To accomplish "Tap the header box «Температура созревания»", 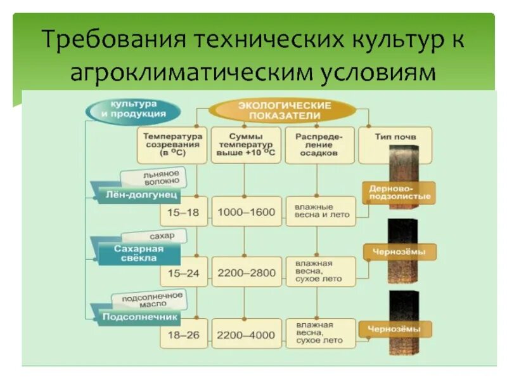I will click(172, 145).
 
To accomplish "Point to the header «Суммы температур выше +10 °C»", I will click(246, 145).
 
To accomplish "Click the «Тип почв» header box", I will click(387, 137).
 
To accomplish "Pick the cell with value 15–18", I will click(183, 213).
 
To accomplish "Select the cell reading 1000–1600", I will click(247, 213).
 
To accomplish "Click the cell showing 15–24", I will click(183, 272).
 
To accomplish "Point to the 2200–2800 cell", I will click(247, 272).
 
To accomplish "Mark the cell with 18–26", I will click(183, 335).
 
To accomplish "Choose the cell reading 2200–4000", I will click(247, 335).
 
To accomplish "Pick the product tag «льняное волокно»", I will click(153, 177).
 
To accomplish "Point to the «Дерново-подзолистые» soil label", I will click(400, 192).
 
